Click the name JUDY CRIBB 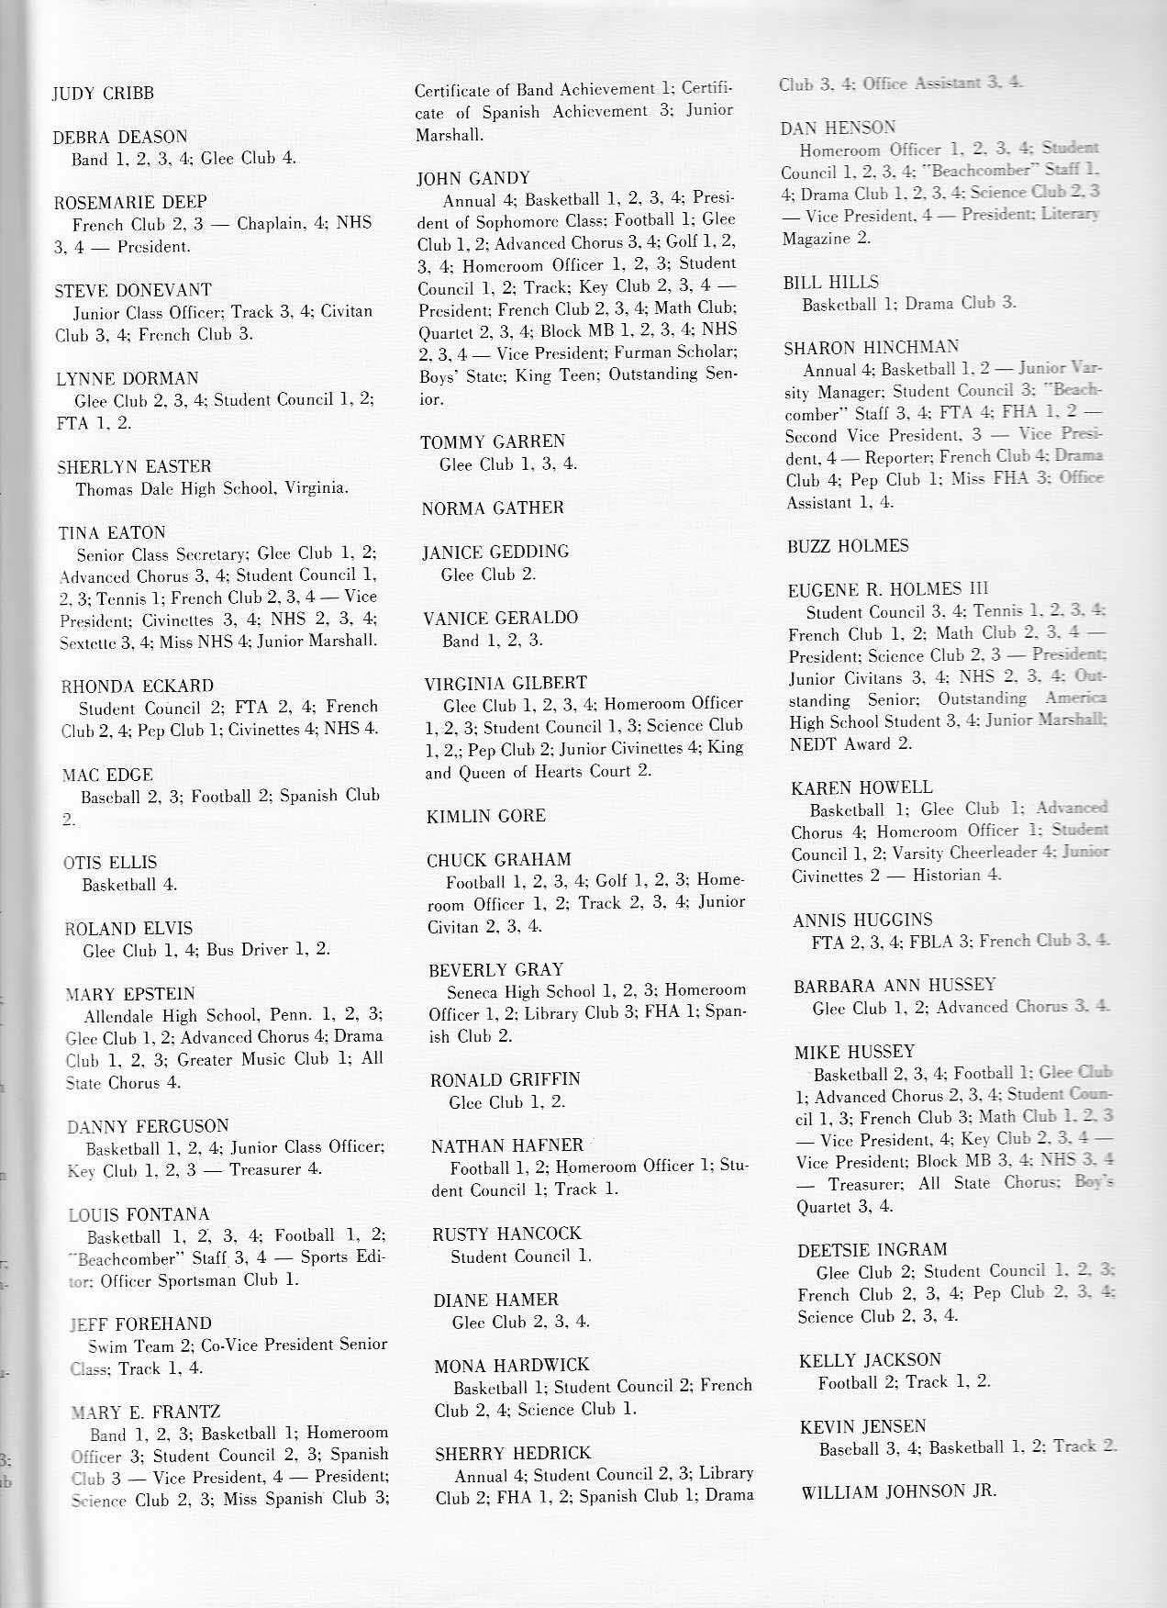[x=103, y=93]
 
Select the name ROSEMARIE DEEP [x=130, y=202]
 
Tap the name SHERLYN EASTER [x=134, y=466]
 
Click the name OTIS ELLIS [x=110, y=862]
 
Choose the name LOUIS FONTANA [x=139, y=1214]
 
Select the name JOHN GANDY [x=472, y=178]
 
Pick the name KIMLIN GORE [x=485, y=816]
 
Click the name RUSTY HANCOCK [x=506, y=1234]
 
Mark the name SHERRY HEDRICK [x=513, y=1453]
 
